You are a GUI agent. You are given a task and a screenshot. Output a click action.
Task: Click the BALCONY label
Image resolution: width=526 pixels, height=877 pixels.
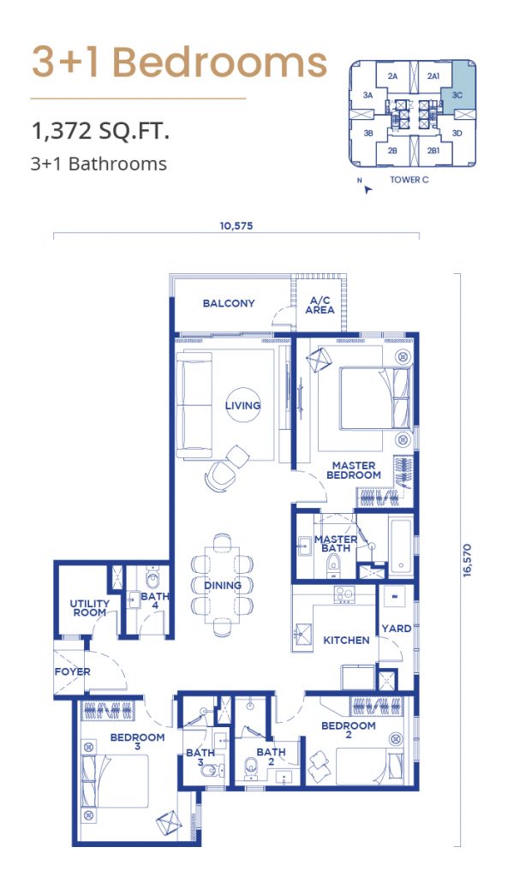pos(229,303)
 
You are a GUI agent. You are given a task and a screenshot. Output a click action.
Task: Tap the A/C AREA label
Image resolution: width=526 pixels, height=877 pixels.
pos(320,305)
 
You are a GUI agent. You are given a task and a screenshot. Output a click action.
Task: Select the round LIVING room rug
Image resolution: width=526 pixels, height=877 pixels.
pos(242,405)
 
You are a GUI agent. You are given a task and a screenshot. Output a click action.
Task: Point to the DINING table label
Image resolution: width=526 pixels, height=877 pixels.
pos(222,585)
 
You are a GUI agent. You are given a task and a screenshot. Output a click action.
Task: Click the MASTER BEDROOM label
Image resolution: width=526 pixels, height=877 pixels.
pos(353,470)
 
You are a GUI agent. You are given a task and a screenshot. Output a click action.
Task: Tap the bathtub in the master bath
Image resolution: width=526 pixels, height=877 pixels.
pos(401,546)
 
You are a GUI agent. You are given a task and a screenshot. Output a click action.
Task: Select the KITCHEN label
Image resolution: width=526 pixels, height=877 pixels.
pos(346,640)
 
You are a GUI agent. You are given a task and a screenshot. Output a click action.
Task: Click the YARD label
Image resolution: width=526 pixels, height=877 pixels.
pos(396,628)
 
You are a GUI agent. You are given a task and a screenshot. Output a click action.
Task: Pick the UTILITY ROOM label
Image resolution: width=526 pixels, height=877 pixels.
pos(90,608)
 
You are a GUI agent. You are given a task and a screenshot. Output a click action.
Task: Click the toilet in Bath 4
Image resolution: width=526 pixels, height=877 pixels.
pos(152,577)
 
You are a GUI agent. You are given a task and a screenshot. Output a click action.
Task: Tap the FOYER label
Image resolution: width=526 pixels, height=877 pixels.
pos(72,671)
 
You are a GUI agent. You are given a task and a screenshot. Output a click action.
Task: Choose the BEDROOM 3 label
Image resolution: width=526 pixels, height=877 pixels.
pos(137,741)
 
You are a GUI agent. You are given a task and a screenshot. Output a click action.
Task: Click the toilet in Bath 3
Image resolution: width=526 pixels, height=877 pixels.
pos(209,772)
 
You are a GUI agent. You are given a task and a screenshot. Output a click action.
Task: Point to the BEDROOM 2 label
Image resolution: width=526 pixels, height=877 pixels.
pos(348,730)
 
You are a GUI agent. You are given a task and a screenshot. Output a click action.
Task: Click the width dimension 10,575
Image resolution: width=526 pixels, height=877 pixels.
pos(236,226)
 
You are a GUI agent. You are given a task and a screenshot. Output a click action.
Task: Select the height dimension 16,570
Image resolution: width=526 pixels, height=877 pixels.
pos(467,560)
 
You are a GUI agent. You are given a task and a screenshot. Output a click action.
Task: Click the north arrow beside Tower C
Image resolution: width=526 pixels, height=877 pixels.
pos(367,189)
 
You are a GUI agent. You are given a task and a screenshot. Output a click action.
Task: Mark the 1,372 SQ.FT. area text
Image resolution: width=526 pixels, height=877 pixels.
pos(101,131)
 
